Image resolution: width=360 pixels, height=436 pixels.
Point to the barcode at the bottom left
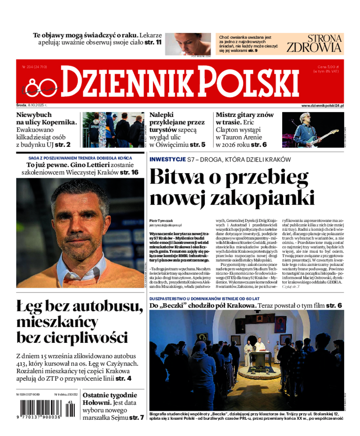(x=40, y=408)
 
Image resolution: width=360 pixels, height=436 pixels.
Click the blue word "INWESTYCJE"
(x=167, y=160)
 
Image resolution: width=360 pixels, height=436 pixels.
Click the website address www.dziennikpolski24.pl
(x=322, y=105)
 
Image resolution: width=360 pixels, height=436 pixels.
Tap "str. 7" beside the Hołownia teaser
(x=136, y=418)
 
